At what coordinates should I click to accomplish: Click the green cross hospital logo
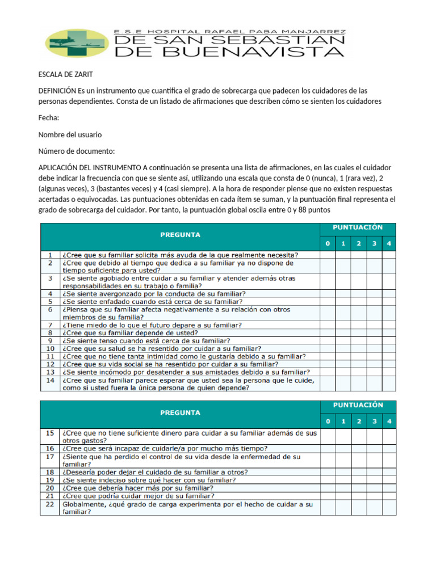pyautogui.click(x=77, y=44)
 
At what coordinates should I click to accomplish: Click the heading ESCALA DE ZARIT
pyautogui.click(x=65, y=75)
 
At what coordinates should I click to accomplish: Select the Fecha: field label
pyautogui.click(x=49, y=118)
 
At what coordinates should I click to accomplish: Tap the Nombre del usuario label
pyautogui.click(x=70, y=134)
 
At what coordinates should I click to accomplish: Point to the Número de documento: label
pyautogui.click(x=77, y=151)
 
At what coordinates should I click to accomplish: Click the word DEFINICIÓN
pyautogui.click(x=57, y=91)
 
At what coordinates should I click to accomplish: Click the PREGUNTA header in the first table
pyautogui.click(x=180, y=234)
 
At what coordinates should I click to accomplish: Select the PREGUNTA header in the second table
pyautogui.click(x=180, y=412)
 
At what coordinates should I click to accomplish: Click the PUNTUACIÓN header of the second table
pyautogui.click(x=358, y=405)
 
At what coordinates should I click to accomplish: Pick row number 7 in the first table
pyautogui.click(x=50, y=325)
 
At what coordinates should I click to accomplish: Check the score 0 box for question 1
pyautogui.click(x=327, y=255)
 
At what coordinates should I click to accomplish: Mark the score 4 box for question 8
pyautogui.click(x=389, y=333)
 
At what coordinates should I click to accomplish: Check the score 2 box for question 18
pyautogui.click(x=358, y=471)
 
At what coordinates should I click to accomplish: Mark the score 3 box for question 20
pyautogui.click(x=374, y=487)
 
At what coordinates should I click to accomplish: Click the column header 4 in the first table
pyautogui.click(x=389, y=244)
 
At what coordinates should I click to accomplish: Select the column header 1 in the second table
pyautogui.click(x=342, y=422)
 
